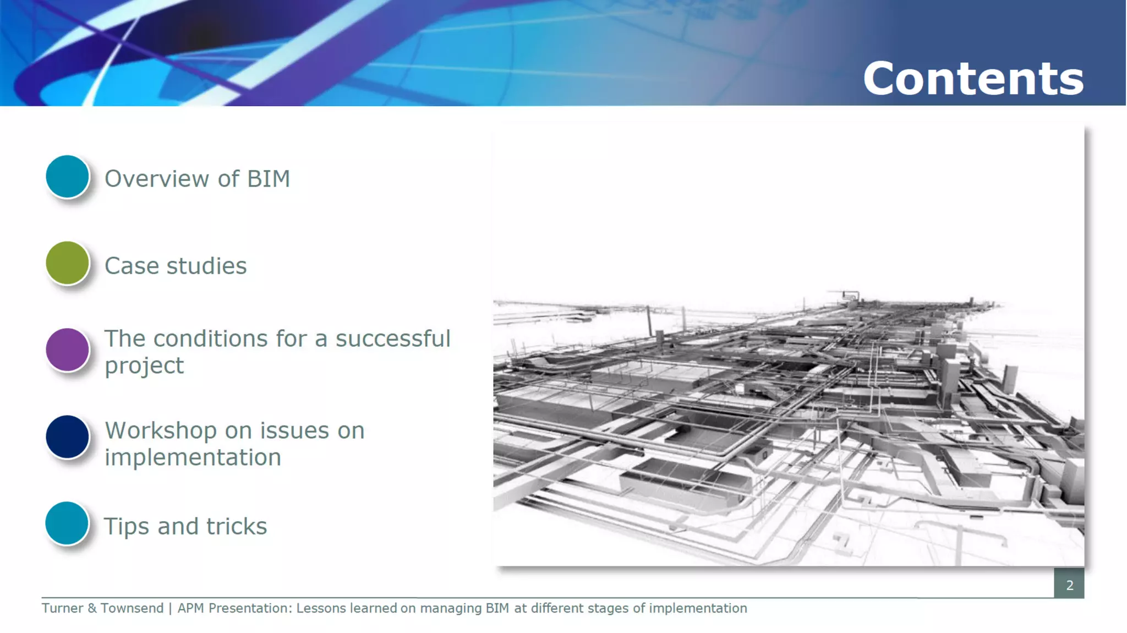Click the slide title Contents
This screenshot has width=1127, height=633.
point(973,79)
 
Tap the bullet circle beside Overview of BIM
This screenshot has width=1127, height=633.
point(67,177)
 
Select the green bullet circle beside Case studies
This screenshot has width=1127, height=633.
point(67,263)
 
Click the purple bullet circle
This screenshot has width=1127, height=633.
point(67,350)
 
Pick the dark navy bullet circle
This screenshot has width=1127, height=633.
point(67,436)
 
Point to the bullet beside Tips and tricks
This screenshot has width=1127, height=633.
point(67,523)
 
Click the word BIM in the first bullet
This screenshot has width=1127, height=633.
point(268,179)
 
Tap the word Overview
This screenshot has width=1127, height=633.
point(157,179)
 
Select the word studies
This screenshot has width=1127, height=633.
point(206,266)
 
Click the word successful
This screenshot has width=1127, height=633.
point(393,339)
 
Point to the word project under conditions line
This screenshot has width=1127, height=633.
point(144,366)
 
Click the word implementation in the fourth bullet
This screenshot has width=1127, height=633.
point(193,457)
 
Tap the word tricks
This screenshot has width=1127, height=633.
point(237,526)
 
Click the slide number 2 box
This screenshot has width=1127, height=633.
point(1069,585)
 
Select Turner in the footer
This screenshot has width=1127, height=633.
point(62,608)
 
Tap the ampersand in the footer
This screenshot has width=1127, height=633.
point(92,608)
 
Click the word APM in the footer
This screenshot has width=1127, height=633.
point(190,608)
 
